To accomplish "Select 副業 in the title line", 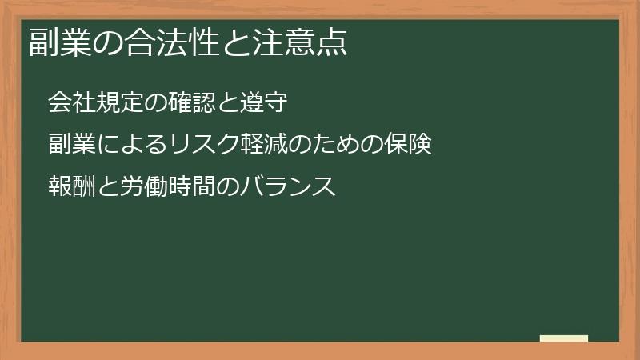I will [60, 42].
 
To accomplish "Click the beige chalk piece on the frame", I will [564, 338].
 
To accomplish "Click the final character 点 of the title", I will [332, 42].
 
